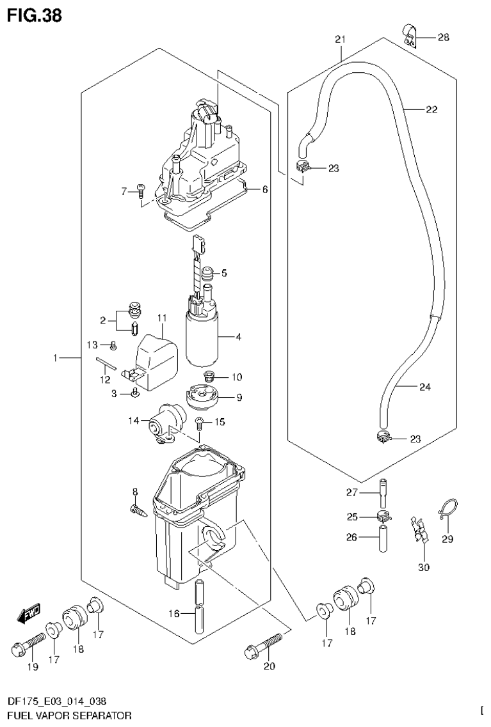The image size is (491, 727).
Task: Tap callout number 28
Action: coord(444,38)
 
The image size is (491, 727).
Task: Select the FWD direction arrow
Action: coord(29,614)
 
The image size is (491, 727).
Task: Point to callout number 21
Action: coord(340,40)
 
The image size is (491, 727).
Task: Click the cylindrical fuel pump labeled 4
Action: coord(202,338)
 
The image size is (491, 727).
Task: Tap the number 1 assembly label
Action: coord(57,359)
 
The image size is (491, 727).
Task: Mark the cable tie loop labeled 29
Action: coord(448,510)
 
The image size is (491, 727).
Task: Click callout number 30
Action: coord(424,567)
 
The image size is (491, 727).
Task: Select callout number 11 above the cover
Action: coord(161,318)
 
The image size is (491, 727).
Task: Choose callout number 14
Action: coord(134,420)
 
